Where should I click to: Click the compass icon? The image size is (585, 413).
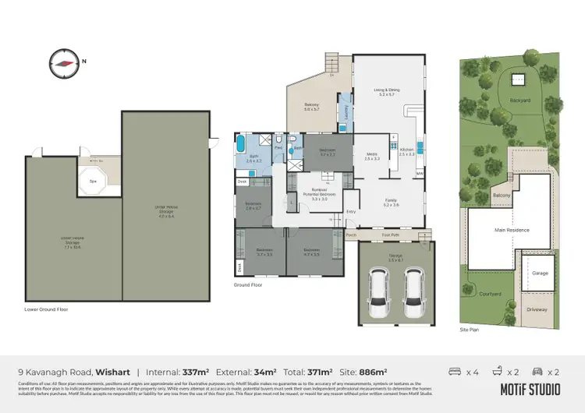pyautogui.click(x=62, y=61)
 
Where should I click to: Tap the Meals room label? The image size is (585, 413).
pyautogui.click(x=372, y=156)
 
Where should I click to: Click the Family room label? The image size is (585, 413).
pyautogui.click(x=391, y=202)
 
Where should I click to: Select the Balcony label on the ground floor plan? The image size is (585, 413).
pyautogui.click(x=312, y=107)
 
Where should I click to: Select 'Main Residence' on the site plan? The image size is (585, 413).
pyautogui.click(x=512, y=230)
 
